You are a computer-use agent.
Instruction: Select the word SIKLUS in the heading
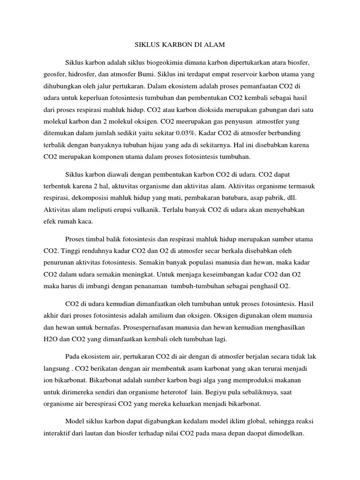tap(142, 45)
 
